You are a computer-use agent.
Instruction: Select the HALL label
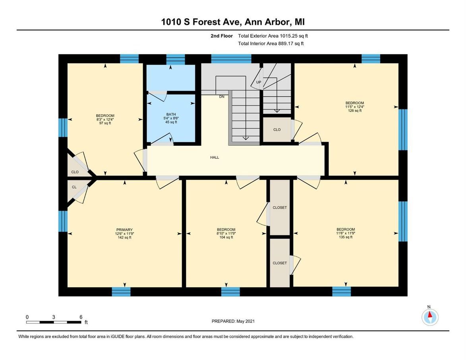point(215,158)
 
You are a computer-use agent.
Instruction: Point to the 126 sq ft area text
point(354,111)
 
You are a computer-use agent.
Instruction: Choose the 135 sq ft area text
point(346,237)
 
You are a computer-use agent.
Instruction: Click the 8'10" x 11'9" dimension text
point(226,233)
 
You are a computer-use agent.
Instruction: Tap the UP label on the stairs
point(259,82)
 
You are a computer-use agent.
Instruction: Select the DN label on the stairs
point(222,96)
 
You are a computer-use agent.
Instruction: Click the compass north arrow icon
point(429,317)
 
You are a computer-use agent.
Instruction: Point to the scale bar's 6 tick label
point(81,317)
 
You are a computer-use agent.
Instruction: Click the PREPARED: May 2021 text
point(233,321)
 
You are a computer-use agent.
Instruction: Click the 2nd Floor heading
point(222,36)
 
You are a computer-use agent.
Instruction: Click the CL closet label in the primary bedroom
point(74,187)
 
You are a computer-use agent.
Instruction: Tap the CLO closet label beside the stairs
point(277,129)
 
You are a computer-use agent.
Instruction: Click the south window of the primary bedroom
point(121,292)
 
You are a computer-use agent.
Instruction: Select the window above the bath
point(176,59)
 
